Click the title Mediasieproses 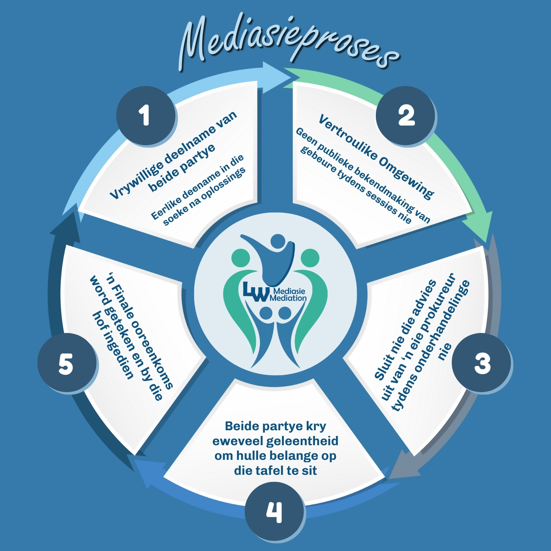(x=289, y=43)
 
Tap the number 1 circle (x=146, y=116)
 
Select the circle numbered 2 (x=406, y=116)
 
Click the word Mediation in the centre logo (x=288, y=298)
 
